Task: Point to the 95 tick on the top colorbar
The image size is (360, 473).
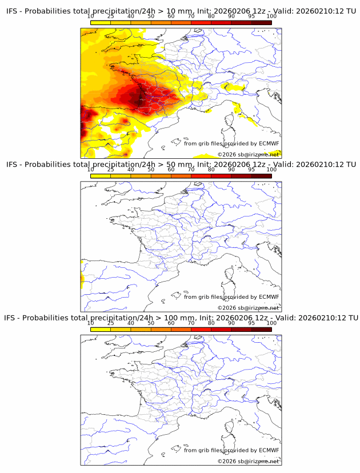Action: click(x=251, y=16)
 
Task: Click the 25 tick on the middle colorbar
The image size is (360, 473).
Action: click(x=111, y=169)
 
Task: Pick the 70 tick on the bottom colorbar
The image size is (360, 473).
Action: click(x=191, y=322)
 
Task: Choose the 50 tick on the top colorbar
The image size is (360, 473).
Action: click(x=151, y=16)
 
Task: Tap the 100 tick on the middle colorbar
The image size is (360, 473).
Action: click(x=271, y=169)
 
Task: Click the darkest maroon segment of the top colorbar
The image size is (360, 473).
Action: click(x=261, y=22)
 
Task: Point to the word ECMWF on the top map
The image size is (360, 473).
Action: click(x=269, y=143)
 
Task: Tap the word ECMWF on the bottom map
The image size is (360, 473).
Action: click(x=269, y=450)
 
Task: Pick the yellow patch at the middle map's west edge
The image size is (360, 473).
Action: click(x=82, y=280)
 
